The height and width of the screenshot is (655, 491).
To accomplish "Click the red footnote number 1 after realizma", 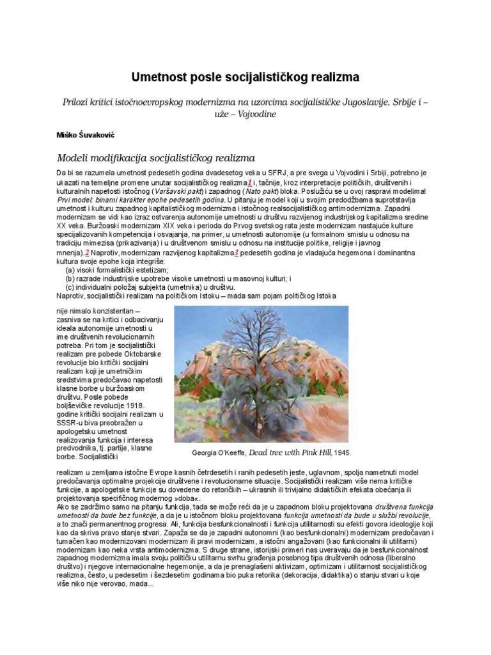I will (249, 183).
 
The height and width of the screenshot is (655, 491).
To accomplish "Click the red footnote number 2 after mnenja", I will (88, 253).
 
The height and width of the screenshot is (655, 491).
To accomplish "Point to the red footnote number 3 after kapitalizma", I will (236, 253).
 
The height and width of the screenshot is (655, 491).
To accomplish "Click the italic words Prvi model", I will (77, 200).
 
